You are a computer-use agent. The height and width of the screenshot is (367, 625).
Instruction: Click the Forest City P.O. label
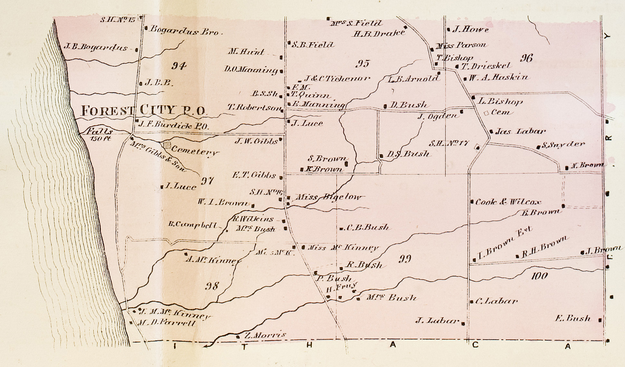[x=143, y=111]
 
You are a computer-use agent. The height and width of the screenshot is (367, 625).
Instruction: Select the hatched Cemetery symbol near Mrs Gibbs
[x=167, y=145]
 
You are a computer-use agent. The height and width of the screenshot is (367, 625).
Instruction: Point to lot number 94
[x=179, y=66]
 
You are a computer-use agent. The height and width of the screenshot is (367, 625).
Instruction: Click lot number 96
[x=526, y=58]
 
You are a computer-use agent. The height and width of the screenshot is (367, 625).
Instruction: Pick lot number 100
[x=539, y=276]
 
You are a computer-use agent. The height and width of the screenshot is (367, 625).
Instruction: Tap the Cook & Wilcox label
[x=508, y=202]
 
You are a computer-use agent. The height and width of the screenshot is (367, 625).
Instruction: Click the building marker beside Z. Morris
[x=238, y=337]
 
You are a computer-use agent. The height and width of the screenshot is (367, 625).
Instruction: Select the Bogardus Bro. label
[x=185, y=31]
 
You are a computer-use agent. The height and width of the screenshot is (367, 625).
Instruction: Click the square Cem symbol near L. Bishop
[x=486, y=113]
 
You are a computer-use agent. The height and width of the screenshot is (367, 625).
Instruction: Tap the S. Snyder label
[x=563, y=145]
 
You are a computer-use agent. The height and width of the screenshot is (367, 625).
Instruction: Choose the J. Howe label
[x=470, y=30]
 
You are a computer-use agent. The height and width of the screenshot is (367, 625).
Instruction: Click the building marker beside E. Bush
[x=600, y=320]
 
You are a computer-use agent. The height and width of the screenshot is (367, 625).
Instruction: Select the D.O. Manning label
[x=251, y=70]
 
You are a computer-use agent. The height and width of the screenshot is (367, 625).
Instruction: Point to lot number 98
[x=212, y=286]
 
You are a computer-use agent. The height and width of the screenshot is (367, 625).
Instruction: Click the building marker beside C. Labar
[x=472, y=302]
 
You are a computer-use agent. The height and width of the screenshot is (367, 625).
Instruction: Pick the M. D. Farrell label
[x=167, y=323]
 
